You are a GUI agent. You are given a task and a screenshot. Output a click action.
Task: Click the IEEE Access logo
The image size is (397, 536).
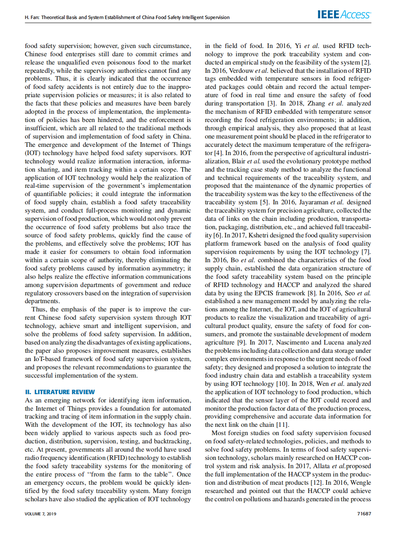pos(344,15)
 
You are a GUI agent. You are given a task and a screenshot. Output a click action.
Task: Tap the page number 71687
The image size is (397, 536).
pos(364,514)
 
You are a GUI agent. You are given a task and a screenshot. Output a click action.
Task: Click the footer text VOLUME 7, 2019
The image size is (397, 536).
pos(41,514)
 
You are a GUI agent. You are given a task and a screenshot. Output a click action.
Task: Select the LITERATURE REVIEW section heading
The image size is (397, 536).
pos(60,392)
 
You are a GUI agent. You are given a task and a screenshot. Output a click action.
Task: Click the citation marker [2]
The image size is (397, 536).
pos(366,62)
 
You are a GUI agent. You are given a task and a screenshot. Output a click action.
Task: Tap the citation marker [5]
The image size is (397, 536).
pos(264,202)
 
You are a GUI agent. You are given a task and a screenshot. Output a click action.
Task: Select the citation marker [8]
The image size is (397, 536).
pos(311,293)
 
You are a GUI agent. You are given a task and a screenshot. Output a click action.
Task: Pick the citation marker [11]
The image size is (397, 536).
pos(282,425)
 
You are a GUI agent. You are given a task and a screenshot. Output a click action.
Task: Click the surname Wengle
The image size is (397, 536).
pos(360,483)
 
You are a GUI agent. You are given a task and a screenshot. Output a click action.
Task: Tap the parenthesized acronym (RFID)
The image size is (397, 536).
pos(116,458)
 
